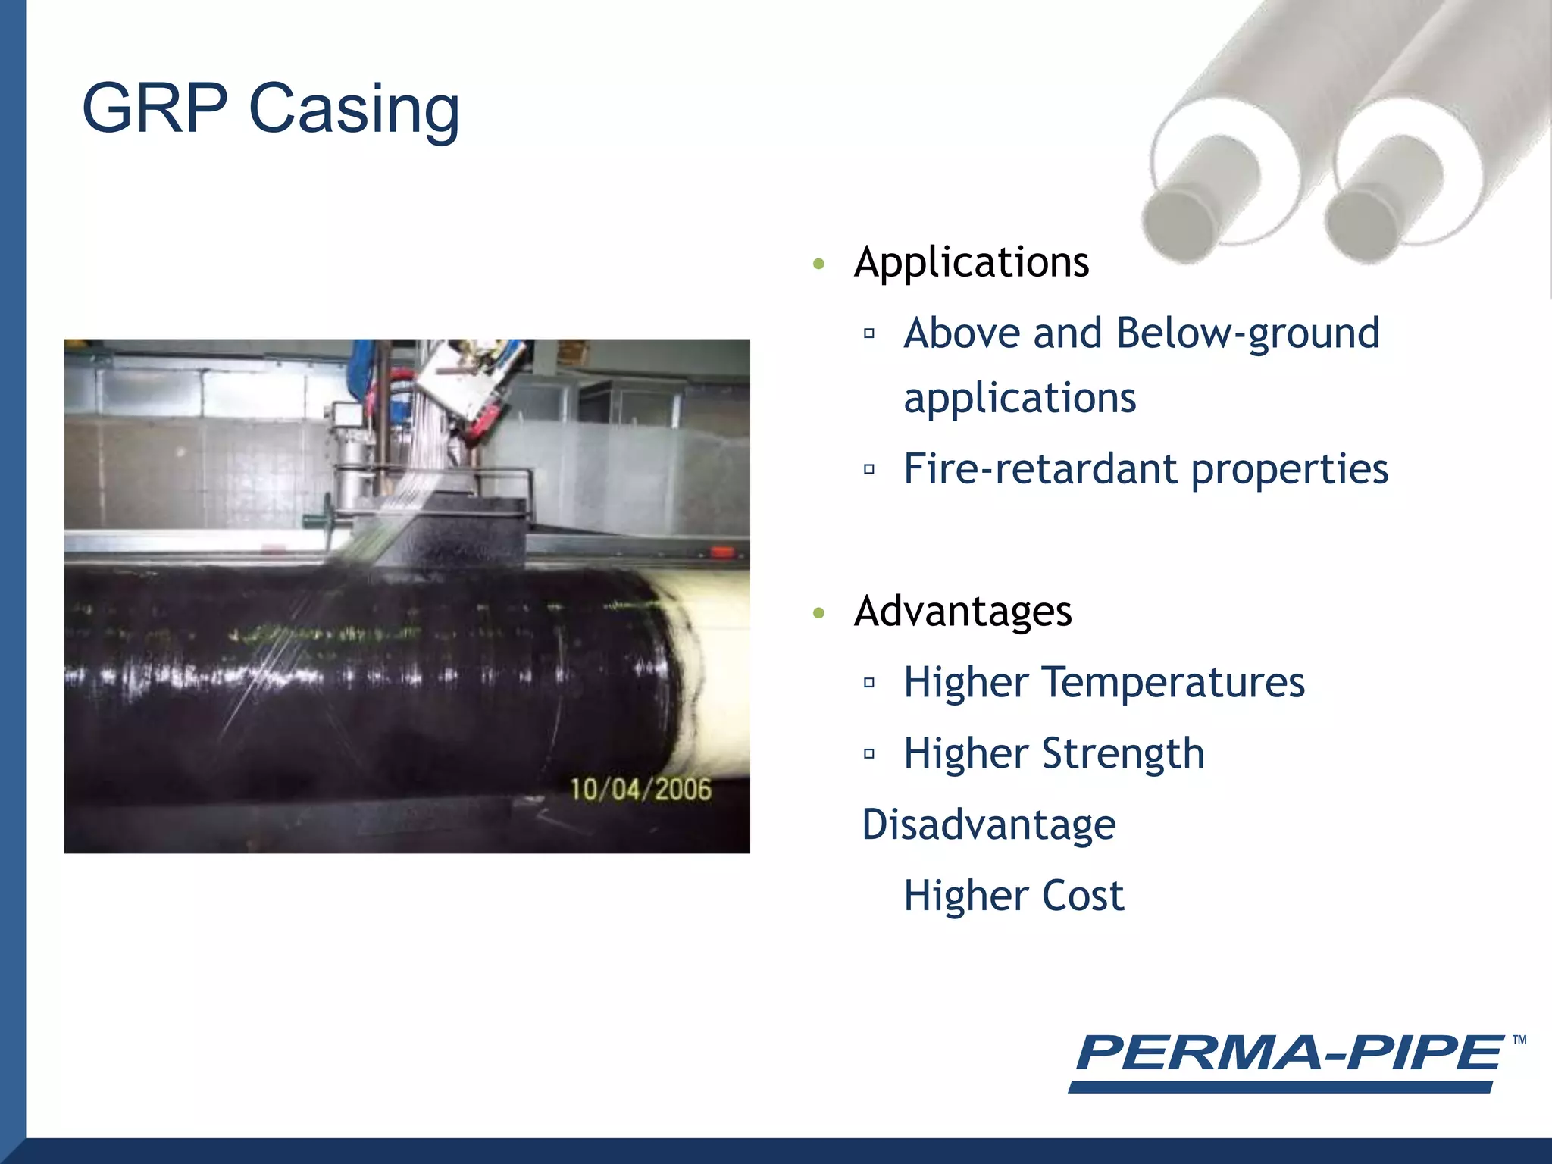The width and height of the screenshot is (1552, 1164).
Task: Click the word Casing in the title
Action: pos(354,110)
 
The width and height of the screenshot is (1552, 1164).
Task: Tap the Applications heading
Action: pos(971,263)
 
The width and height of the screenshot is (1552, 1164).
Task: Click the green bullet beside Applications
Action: pos(818,264)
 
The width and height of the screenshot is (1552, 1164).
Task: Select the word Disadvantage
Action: pos(989,824)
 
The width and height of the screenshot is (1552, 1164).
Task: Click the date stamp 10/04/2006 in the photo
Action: pos(640,790)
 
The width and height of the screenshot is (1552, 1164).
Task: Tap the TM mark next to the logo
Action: pos(1519,1040)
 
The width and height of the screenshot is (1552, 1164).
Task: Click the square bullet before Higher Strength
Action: pos(869,754)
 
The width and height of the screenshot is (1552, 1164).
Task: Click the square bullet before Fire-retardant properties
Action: pos(869,470)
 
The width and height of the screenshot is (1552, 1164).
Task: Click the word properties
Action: pos(1290,469)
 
